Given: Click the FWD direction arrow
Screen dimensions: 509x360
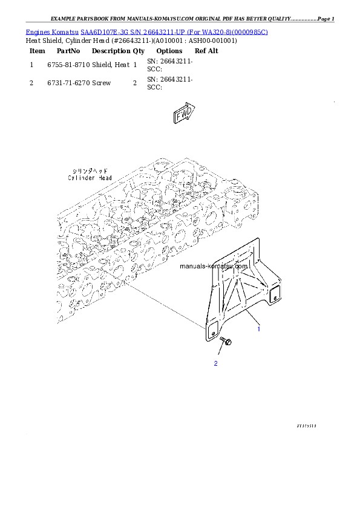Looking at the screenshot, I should pos(183,115).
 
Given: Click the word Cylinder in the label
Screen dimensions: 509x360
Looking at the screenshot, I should pos(81,178).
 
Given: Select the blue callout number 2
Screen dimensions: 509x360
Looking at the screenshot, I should pos(215,363).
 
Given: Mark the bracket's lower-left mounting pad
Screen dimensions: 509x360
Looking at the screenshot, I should pos(212,331).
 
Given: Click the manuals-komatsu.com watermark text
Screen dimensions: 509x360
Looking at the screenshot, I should pos(214,266).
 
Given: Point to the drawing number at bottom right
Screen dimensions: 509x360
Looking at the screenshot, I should pos(306,426).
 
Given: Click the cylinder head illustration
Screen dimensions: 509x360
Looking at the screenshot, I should pos(139,230).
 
